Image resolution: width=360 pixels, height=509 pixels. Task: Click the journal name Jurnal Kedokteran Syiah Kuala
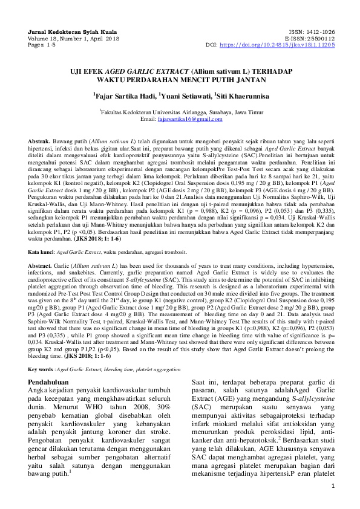click(66, 30)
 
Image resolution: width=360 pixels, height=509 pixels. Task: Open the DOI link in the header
click(277, 45)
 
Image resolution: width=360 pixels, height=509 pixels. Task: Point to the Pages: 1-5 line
click(41, 45)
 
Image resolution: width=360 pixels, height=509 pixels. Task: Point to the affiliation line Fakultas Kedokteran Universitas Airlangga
click(180, 112)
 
